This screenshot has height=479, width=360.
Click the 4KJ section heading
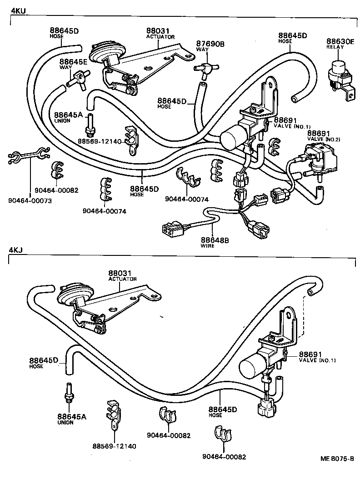pyautogui.click(x=15, y=250)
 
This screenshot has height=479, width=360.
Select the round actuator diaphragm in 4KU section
pyautogui.click(x=103, y=52)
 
